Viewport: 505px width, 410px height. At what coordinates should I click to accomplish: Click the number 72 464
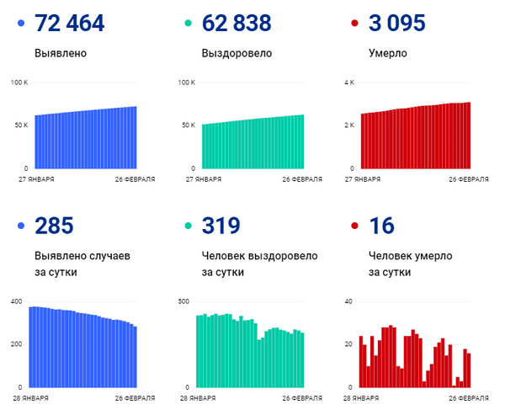(70, 23)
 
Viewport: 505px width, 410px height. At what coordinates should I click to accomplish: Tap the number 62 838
(237, 23)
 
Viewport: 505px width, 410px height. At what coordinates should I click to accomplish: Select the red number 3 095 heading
(397, 23)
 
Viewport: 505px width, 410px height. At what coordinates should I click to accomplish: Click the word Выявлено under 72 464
(60, 54)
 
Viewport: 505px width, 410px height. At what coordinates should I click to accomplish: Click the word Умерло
(388, 54)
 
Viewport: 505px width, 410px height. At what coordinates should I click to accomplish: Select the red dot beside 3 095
(355, 24)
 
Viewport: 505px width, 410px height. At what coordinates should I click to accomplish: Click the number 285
(54, 226)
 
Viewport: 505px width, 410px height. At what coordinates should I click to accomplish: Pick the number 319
(221, 226)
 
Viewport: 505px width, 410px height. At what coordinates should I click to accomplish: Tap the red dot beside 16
(355, 226)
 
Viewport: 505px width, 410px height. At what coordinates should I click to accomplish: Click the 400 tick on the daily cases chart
(15, 301)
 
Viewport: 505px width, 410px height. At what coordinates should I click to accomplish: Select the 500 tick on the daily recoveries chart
(183, 301)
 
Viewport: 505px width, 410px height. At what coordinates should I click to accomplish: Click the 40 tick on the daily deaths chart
(348, 301)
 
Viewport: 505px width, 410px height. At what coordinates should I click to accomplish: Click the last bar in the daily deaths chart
(469, 370)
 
